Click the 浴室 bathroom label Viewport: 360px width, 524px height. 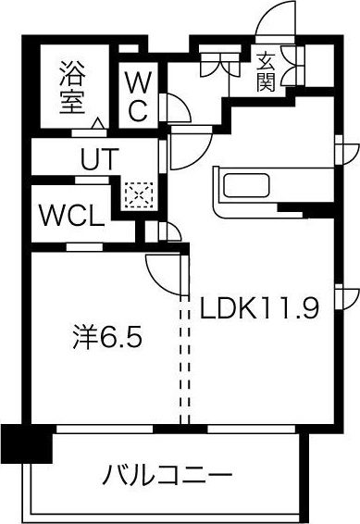tap(72, 86)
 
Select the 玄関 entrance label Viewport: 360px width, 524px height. tap(266, 71)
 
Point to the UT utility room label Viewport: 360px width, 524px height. tap(98, 158)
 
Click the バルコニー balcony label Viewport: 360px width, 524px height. tap(168, 478)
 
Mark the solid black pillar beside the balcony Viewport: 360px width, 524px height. tap(25, 444)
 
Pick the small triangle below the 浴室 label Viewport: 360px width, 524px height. tap(97, 121)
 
